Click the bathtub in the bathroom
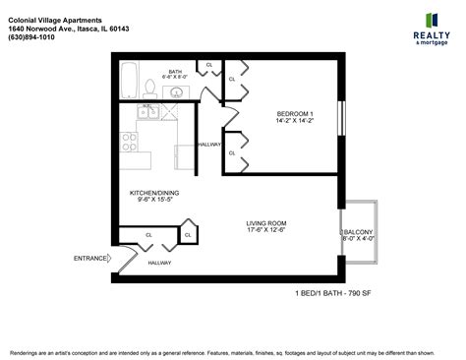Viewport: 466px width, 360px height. [x=129, y=81]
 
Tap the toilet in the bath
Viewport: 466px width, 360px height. [x=148, y=87]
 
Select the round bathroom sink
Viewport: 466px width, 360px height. [x=176, y=92]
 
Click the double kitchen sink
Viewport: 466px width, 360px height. [x=149, y=111]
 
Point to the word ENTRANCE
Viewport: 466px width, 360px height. [x=90, y=259]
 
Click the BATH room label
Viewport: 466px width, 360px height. [x=175, y=71]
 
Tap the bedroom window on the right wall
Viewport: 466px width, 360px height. [x=342, y=119]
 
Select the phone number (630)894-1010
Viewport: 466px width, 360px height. [x=36, y=38]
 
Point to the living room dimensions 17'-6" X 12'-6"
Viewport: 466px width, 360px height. [x=265, y=231]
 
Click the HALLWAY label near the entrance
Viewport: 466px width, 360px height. [x=159, y=263]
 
